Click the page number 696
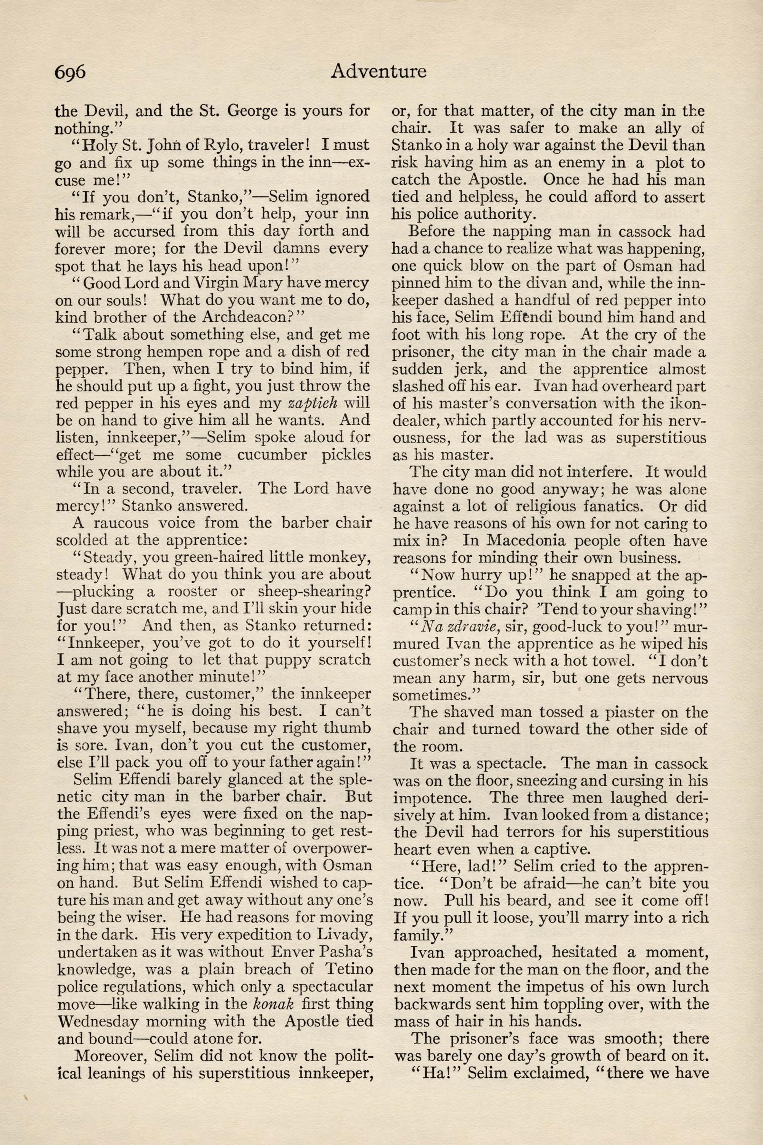point(70,72)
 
